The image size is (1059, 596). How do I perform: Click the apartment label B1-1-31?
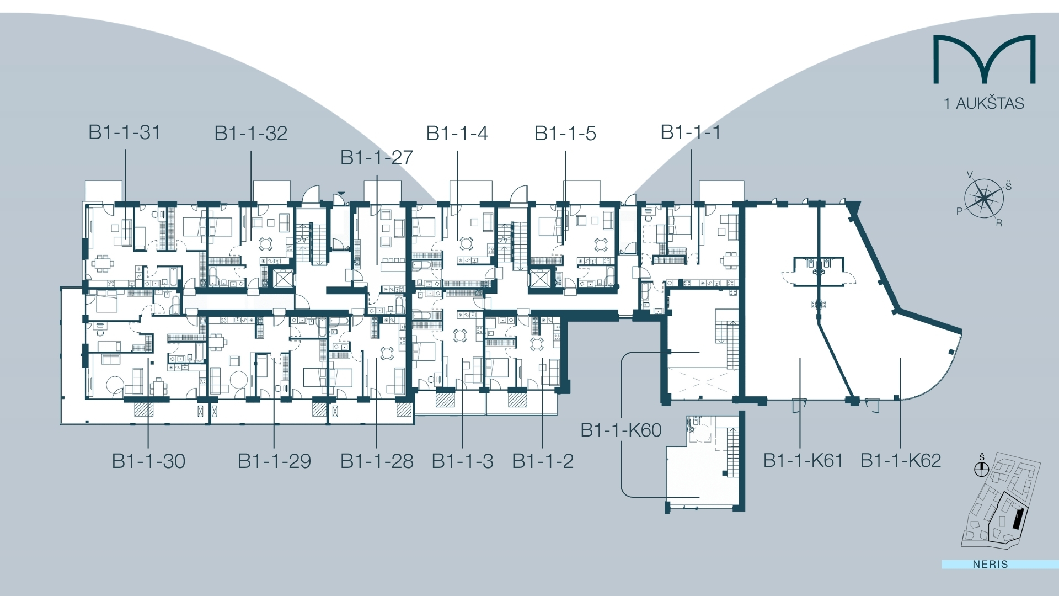125,132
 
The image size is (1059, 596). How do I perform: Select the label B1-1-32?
251,134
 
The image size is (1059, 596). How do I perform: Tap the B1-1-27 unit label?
377,158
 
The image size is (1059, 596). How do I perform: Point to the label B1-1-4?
457,134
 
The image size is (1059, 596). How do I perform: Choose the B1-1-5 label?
565,134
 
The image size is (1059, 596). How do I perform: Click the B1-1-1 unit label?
691,132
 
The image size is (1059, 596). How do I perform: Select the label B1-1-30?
148,461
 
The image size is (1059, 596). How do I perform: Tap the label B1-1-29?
274,461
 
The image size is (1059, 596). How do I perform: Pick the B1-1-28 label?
377,461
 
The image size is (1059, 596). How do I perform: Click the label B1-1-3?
462,461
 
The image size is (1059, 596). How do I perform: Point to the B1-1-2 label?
543,461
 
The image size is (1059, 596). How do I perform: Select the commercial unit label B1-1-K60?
621,430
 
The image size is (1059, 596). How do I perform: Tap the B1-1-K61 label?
803,460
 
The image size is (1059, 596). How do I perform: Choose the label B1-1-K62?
901,460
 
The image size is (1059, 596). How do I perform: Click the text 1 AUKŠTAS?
984,103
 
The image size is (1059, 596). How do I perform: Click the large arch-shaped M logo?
984,60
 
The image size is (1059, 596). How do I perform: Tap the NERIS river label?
991,564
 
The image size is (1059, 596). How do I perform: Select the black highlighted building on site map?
1018,519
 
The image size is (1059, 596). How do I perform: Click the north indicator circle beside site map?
981,470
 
